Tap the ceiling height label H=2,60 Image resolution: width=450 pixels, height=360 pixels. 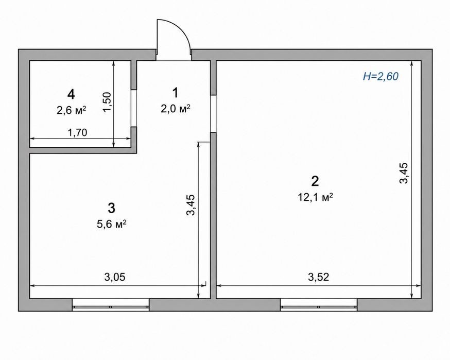click(381, 76)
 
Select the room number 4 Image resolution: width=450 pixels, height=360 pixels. click(71, 94)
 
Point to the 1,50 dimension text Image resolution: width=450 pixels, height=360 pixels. click(107, 102)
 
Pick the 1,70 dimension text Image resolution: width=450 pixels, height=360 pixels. click(77, 133)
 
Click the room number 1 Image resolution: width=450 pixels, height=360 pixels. click(175, 93)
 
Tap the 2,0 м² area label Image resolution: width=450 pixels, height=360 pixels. click(176, 109)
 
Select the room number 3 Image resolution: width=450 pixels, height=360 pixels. click(112, 208)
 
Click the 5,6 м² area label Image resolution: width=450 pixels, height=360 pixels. click(112, 224)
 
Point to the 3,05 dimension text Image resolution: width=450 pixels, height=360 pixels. click(115, 277)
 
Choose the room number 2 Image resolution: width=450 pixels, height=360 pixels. click(315, 181)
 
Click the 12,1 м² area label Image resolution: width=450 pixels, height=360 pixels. click(315, 197)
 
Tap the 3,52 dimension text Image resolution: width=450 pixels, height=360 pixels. click(318, 277)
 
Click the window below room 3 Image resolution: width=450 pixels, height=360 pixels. click(111, 305)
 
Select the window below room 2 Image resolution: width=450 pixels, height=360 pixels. click(319, 305)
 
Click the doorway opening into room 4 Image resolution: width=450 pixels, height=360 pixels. click(134, 108)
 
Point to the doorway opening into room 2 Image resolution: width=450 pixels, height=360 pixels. click(213, 114)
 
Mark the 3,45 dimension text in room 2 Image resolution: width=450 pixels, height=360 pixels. click(404, 173)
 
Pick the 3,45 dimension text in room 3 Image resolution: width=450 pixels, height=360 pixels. click(191, 204)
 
